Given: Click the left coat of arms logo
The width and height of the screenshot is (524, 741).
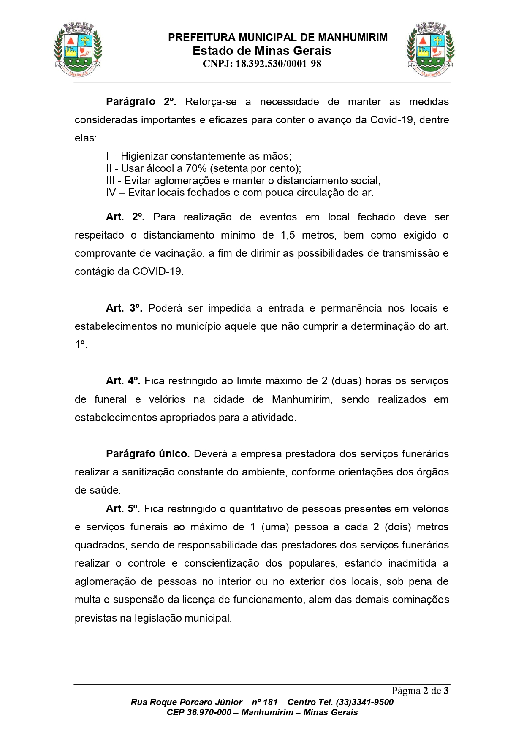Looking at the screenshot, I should (x=78, y=50).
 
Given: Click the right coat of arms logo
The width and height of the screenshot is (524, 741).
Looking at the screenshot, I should (x=431, y=50).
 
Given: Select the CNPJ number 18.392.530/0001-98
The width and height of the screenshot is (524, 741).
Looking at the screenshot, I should (x=278, y=64).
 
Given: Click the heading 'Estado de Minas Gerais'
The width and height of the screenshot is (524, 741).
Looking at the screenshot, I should (x=262, y=51).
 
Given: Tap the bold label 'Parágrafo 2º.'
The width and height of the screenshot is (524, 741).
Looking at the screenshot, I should (x=141, y=102).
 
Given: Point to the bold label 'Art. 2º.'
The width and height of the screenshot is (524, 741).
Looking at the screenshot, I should (x=125, y=217).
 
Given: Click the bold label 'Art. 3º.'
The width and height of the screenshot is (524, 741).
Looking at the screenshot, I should (x=124, y=308).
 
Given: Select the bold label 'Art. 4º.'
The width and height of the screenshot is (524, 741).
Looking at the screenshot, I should (x=123, y=381).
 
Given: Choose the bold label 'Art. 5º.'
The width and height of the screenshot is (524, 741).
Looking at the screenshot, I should (x=123, y=509).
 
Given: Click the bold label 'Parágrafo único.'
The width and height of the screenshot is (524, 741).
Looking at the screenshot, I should (x=148, y=454).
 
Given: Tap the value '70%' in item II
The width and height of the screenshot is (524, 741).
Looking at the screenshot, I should (x=196, y=168).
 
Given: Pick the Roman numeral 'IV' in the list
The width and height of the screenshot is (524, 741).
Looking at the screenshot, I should (x=111, y=193).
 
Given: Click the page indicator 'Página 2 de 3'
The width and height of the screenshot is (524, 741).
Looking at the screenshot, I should (x=420, y=691).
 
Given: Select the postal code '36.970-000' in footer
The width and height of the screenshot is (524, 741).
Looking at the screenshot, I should (x=209, y=712).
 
